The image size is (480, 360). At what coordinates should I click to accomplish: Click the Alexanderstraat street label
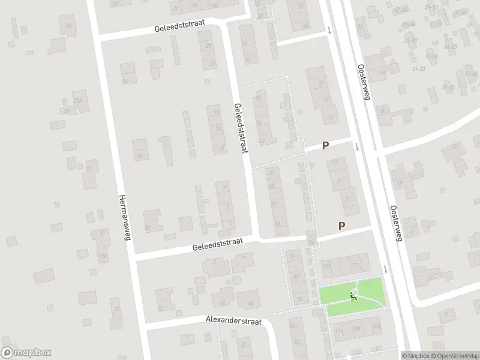[x=235, y=322]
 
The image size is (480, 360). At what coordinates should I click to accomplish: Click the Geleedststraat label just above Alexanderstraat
[x=217, y=244]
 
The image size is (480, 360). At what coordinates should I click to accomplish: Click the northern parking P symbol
[x=326, y=145]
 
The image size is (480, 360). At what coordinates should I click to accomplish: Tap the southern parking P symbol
[x=342, y=226]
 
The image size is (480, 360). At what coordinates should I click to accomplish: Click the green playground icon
[x=353, y=295]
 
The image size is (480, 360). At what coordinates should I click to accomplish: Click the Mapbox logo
[x=26, y=352]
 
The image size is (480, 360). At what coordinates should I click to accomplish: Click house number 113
[x=338, y=330]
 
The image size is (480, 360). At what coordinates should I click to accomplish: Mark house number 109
[x=356, y=328]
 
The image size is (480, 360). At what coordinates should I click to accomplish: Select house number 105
[x=376, y=326]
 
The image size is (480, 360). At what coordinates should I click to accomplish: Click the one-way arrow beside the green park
[x=385, y=269]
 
